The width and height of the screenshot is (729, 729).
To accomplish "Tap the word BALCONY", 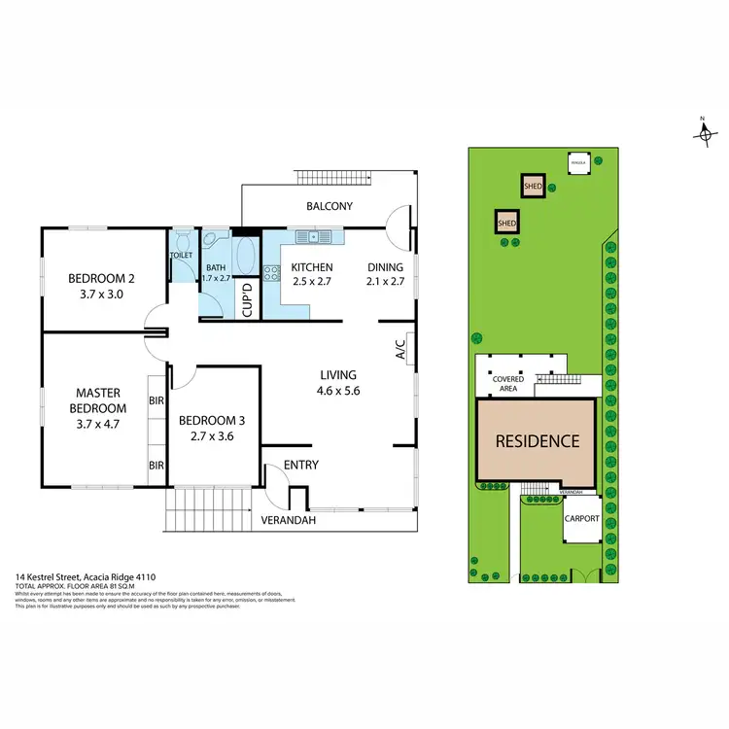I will click(x=330, y=206).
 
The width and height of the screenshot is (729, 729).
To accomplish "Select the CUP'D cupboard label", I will click(x=247, y=295).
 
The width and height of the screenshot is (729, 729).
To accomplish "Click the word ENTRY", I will click(x=301, y=466).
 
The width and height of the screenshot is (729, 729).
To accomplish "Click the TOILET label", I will click(x=182, y=256).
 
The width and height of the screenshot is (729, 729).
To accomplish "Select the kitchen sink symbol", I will click(x=315, y=236).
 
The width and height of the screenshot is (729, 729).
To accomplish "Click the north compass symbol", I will click(x=704, y=133).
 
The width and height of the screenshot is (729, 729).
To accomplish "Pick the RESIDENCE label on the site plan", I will click(x=538, y=440).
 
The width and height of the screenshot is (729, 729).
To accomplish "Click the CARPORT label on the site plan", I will click(x=582, y=519).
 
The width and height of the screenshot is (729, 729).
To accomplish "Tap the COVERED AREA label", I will click(x=507, y=383).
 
